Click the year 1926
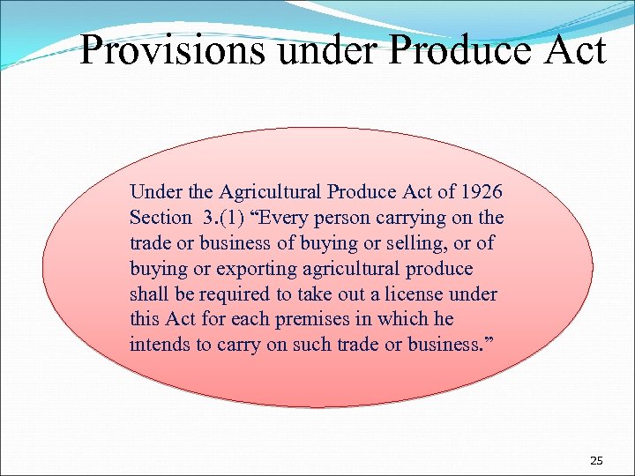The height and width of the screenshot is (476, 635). pos(482,191)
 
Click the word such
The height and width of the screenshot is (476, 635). pos(310,345)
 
